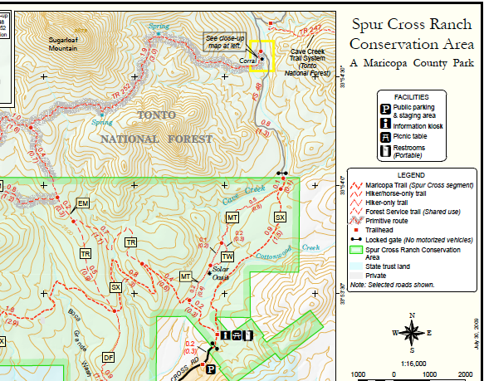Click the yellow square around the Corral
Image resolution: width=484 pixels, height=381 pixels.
[262, 56]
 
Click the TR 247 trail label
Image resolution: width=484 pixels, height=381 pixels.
[310, 29]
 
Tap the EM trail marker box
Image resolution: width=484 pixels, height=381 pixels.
[82, 203]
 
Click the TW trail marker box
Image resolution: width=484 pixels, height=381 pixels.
[227, 256]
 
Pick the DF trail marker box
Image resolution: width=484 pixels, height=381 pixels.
[108, 357]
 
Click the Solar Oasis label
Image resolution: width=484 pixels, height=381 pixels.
[221, 273]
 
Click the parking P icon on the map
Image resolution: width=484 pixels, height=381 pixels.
[211, 369]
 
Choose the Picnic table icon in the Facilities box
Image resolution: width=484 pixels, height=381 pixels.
[386, 137]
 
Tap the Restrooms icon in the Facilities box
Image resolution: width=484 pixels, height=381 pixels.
[386, 151]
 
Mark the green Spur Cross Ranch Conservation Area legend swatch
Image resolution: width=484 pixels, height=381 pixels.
[356, 249]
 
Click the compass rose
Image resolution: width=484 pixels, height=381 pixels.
[411, 333]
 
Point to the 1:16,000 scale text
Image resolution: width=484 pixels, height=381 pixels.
[411, 363]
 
